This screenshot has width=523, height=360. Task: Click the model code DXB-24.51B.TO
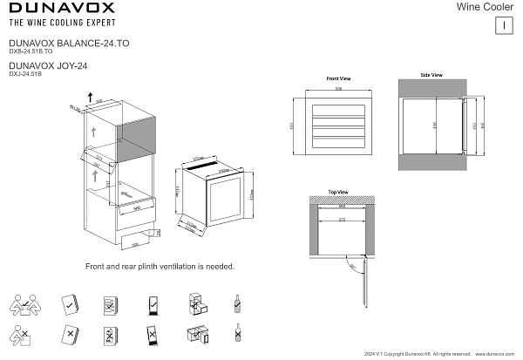[31, 51]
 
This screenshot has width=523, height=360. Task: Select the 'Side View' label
[431, 76]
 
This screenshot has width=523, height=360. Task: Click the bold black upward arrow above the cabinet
[91, 94]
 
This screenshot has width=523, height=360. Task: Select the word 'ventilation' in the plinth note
[178, 266]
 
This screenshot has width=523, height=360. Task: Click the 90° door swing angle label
[353, 268]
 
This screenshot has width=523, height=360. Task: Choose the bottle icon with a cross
[237, 333]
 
